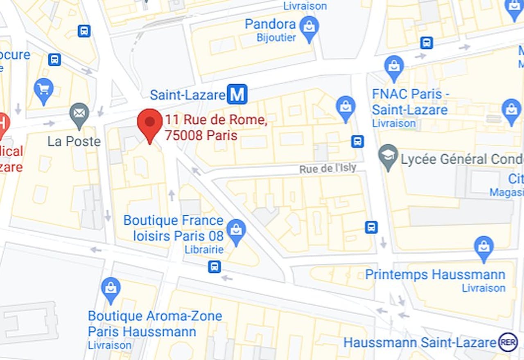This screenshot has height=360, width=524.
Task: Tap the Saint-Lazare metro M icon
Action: tap(237, 94)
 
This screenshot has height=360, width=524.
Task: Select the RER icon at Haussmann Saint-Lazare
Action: tap(508, 342)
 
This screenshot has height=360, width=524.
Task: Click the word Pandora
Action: tap(270, 24)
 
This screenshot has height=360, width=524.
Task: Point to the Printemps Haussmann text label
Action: tap(435, 274)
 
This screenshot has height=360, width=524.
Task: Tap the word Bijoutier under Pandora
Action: tap(276, 38)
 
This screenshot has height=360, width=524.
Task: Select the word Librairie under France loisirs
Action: tap(204, 250)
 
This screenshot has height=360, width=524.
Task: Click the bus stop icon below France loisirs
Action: tap(214, 267)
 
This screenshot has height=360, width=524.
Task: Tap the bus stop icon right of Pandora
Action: tap(427, 43)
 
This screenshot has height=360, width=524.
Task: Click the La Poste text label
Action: tap(74, 142)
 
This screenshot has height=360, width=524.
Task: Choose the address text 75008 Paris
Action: tap(201, 135)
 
